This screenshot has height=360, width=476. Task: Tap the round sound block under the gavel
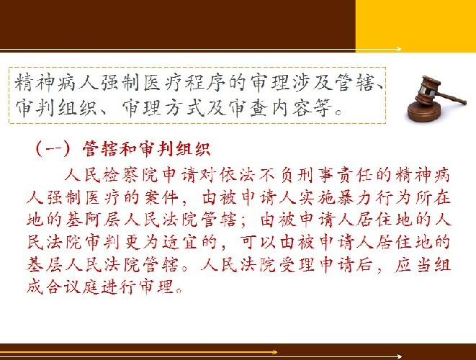point(424,111)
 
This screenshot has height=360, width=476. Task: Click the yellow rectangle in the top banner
point(416,26)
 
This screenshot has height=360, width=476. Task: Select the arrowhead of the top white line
point(399,49)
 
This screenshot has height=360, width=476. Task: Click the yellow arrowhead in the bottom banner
point(275,352)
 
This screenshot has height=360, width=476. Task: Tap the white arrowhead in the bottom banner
point(399,356)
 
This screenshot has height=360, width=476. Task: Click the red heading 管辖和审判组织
point(146,149)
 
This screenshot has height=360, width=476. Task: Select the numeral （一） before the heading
point(53,149)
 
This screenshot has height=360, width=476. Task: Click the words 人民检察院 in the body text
point(111,176)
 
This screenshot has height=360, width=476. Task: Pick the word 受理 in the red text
point(297,264)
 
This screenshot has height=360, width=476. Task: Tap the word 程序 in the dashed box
point(205,83)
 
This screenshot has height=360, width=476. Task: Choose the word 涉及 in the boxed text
point(313,83)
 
